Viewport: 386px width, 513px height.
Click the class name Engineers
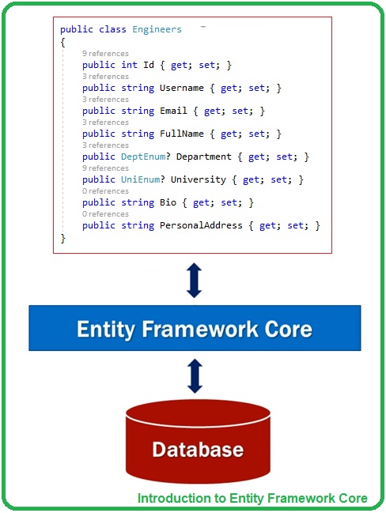tap(157, 29)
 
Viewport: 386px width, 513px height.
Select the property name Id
tap(149, 65)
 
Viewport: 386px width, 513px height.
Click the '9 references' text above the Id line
tap(104, 54)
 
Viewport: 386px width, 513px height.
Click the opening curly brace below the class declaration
tap(62, 41)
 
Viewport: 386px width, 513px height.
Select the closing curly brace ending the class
tap(62, 237)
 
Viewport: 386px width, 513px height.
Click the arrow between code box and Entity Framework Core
tap(194, 280)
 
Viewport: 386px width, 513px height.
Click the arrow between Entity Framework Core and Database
tap(194, 375)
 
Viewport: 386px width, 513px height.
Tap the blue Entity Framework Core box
tap(194, 328)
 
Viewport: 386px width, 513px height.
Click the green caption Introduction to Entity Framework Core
tap(252, 498)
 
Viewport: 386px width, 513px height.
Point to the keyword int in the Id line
tap(130, 65)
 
